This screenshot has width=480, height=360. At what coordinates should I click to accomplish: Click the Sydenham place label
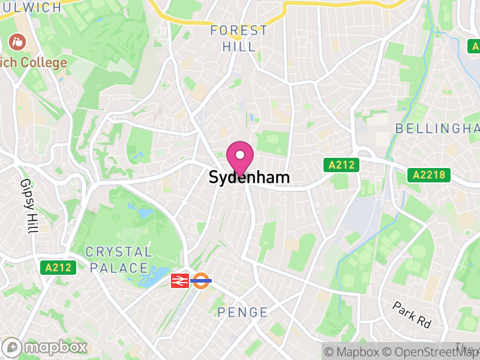point(249,178)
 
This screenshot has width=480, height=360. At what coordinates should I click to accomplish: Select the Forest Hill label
point(239,38)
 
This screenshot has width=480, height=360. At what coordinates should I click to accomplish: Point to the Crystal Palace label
point(119,260)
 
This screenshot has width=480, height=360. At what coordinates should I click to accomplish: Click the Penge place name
point(242,312)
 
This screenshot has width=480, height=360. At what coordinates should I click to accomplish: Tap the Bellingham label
point(437,128)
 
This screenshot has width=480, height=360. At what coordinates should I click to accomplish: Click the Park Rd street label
point(412,314)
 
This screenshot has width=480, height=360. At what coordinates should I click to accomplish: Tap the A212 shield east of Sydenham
point(340,164)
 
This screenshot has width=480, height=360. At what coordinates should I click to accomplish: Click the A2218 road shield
point(429,175)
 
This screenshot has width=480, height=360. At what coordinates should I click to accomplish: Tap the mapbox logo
point(46,347)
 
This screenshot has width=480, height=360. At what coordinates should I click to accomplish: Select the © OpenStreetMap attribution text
point(431,352)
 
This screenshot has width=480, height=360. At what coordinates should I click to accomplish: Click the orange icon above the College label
point(16,42)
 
